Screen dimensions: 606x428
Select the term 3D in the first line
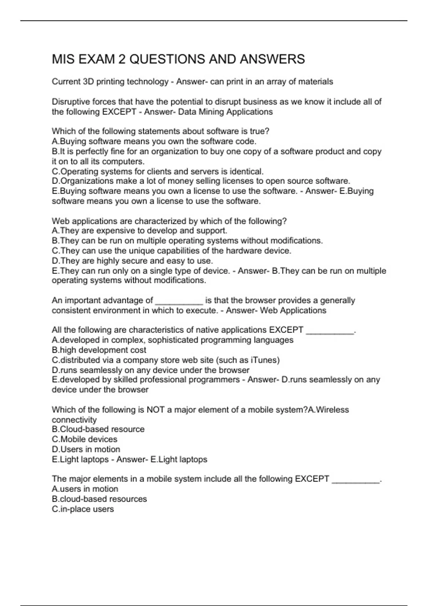point(88,82)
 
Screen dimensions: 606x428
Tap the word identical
point(246,171)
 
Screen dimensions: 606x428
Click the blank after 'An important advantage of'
point(179,301)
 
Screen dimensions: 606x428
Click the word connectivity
point(74,420)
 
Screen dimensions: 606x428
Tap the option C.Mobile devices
point(85,439)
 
